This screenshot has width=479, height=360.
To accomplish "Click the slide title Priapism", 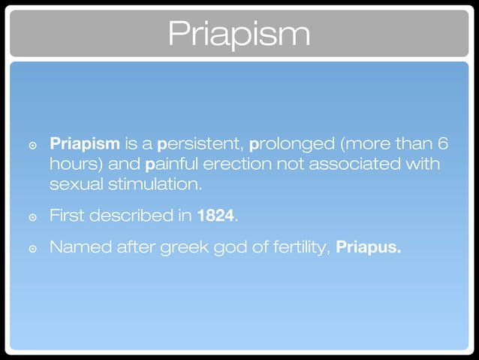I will click(239, 33).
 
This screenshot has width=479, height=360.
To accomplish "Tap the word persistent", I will click(200, 143).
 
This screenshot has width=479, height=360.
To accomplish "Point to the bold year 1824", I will click(215, 216).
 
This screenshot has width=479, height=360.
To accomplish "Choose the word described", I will click(131, 216).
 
